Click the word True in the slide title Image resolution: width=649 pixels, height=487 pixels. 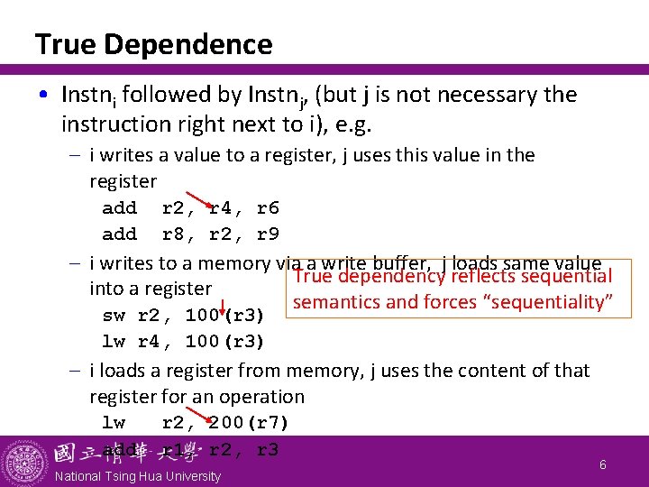click(59, 43)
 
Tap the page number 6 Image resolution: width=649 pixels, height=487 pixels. click(603, 464)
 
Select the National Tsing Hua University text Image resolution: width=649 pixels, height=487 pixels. click(137, 476)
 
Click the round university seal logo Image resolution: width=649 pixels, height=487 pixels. click(25, 463)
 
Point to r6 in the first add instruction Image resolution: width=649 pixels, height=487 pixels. click(268, 208)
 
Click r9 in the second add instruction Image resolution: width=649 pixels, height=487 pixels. click(268, 234)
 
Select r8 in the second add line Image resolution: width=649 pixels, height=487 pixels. click(173, 234)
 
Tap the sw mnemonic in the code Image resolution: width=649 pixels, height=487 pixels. click(114, 316)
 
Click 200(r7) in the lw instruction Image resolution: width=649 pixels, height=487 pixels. click(249, 422)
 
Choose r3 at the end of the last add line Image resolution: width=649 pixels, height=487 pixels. click(268, 449)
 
